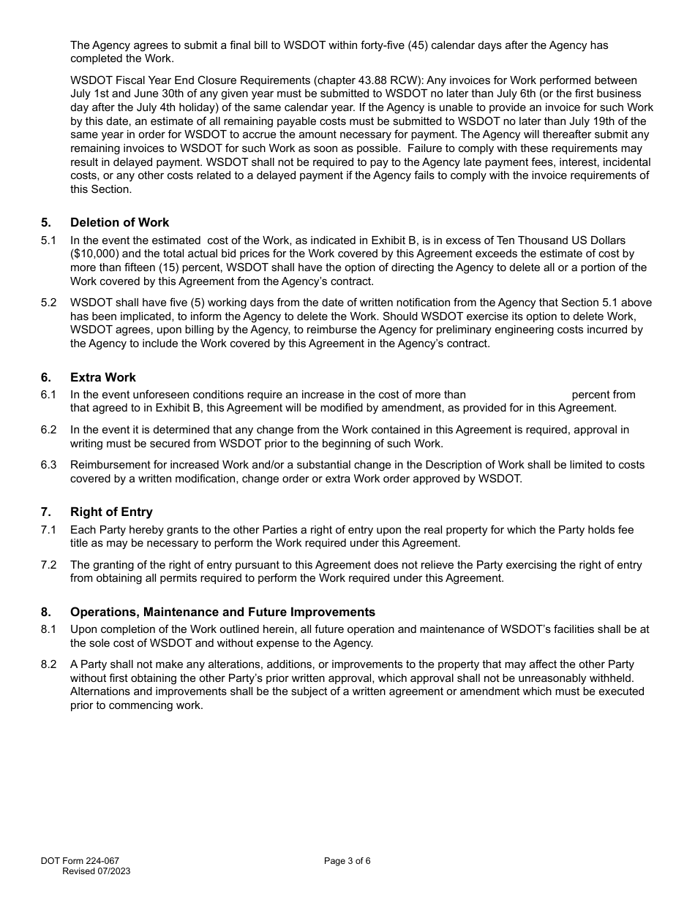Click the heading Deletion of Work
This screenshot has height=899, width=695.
click(119, 223)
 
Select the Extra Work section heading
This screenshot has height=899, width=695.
click(103, 377)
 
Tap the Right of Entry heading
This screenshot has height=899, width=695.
click(111, 512)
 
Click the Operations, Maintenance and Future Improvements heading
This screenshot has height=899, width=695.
click(222, 612)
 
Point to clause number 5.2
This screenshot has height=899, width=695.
click(48, 303)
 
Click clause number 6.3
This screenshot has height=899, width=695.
click(48, 465)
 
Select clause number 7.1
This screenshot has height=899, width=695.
click(48, 530)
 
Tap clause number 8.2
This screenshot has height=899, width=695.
click(48, 664)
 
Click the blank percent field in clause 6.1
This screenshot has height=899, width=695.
click(518, 395)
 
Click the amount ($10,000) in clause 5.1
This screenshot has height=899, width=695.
click(93, 254)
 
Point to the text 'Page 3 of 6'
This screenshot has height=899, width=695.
click(347, 861)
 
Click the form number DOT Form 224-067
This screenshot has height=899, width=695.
click(80, 861)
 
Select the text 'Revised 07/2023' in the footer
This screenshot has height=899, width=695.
click(97, 871)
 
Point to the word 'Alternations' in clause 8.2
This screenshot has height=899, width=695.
click(103, 691)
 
